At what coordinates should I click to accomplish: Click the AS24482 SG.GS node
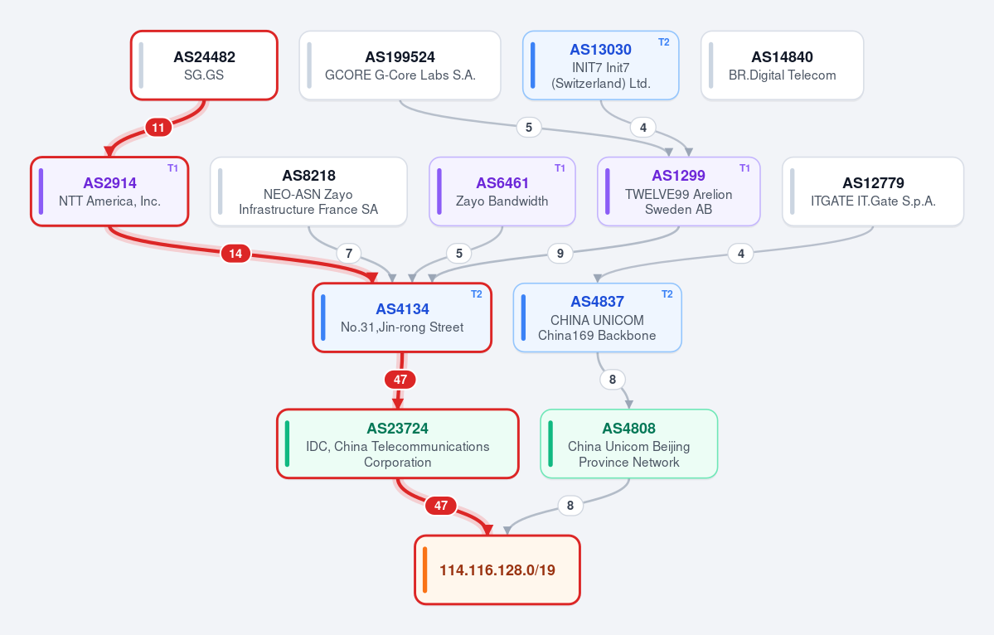click(x=204, y=65)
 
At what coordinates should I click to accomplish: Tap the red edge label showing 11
click(x=158, y=128)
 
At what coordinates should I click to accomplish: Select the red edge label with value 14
click(x=235, y=254)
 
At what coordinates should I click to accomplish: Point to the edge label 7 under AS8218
click(x=349, y=254)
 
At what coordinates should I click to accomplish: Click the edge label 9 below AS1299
click(x=560, y=254)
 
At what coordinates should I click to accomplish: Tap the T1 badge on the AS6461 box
click(x=560, y=168)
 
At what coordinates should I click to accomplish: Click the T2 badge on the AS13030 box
click(x=664, y=41)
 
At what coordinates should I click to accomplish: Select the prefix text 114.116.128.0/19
click(x=497, y=570)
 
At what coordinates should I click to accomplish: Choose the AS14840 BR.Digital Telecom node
click(x=783, y=65)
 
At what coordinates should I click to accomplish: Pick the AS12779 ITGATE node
click(x=873, y=191)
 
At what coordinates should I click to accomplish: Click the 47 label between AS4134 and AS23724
click(x=400, y=380)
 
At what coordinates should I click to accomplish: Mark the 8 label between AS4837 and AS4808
click(x=613, y=380)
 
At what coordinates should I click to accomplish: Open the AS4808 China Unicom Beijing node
click(x=629, y=444)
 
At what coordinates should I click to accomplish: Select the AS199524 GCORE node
click(x=400, y=65)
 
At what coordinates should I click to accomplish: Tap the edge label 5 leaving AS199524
click(x=529, y=128)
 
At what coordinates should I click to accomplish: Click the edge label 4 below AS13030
click(x=642, y=128)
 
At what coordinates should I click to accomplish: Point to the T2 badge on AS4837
click(x=667, y=294)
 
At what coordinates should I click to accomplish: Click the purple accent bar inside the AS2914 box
click(x=41, y=191)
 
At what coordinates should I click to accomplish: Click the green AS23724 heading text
click(x=397, y=429)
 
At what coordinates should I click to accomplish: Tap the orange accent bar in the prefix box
click(x=424, y=570)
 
